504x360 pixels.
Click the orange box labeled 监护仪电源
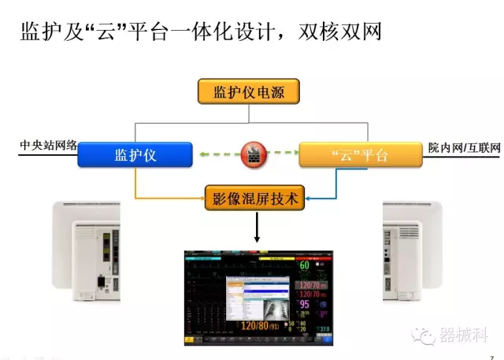pyautogui.click(x=250, y=91)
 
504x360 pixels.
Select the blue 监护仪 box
pyautogui.click(x=135, y=155)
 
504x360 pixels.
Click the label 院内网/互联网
pyautogui.click(x=465, y=147)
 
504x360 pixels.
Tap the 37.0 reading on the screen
pyautogui.click(x=324, y=328)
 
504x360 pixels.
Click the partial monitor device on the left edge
pyautogui.click(x=86, y=251)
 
